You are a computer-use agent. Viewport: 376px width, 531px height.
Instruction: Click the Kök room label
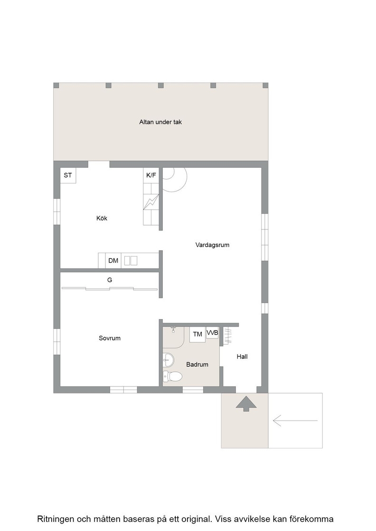102,219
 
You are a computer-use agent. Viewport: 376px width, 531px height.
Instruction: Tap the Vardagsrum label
212,245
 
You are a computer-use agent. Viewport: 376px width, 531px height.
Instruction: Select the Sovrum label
110,338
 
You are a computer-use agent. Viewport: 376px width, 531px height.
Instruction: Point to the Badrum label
197,365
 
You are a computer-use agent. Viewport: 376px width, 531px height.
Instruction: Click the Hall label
242,356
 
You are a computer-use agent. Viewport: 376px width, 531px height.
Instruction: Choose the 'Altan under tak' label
160,122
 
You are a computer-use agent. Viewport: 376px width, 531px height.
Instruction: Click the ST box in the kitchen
68,175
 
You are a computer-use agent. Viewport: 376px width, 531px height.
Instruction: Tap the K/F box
151,175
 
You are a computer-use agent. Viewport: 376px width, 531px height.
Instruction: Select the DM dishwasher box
113,261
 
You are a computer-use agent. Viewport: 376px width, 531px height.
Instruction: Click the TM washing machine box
197,335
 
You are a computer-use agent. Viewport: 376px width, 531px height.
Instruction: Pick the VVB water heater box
213,332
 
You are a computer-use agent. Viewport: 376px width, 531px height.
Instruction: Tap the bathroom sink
168,359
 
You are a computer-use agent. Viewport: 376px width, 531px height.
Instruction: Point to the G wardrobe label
110,280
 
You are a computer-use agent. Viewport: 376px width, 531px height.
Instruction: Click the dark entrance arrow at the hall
246,403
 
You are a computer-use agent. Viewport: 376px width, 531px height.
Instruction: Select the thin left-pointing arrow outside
295,421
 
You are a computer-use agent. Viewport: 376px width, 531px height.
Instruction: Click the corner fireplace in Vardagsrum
174,180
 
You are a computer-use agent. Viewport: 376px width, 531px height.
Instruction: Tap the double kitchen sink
131,261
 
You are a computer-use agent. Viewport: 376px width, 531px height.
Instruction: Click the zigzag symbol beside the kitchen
151,202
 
